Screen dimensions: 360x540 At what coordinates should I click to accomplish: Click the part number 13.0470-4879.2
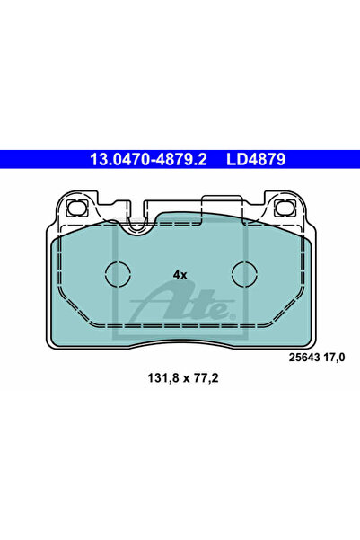[x=148, y=159]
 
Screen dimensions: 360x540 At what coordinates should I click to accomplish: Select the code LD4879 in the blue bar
[x=256, y=159]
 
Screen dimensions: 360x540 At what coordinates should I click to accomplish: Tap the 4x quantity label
[x=180, y=275]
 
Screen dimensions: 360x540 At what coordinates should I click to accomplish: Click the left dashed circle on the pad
[x=118, y=273]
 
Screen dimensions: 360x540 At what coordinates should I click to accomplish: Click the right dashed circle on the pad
[x=245, y=273]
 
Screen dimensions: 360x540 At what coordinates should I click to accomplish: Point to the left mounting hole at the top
[x=77, y=208]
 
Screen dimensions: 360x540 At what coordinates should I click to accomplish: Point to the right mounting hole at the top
[x=285, y=208]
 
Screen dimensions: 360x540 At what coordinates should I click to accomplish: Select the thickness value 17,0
[x=334, y=358]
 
